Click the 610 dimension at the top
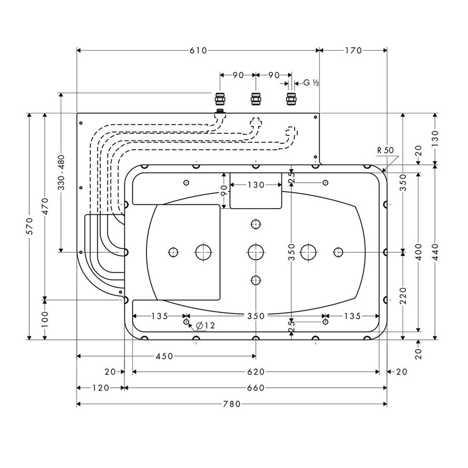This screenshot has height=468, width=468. click(x=198, y=51)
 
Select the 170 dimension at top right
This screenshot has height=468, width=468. click(x=353, y=51)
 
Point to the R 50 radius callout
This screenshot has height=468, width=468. click(x=385, y=150)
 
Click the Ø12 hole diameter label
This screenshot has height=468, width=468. click(x=206, y=326)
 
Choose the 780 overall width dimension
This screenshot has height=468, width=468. click(x=232, y=404)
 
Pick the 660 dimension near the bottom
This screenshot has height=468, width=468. click(x=255, y=388)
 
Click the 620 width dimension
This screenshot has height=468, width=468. click(x=255, y=372)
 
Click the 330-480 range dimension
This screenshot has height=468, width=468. click(x=61, y=172)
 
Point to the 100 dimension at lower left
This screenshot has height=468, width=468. click(x=45, y=320)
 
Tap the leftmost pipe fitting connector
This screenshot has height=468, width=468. click(x=220, y=100)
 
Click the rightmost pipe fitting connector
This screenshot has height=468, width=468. click(x=291, y=100)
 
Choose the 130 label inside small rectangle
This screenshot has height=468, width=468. click(x=255, y=185)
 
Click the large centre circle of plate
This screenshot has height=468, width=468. click(x=255, y=252)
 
